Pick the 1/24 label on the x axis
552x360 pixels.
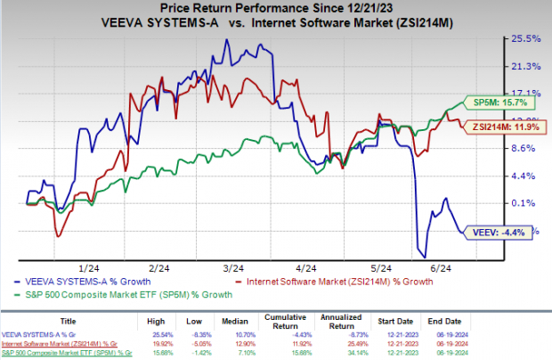89,267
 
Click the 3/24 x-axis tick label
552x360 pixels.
234,267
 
